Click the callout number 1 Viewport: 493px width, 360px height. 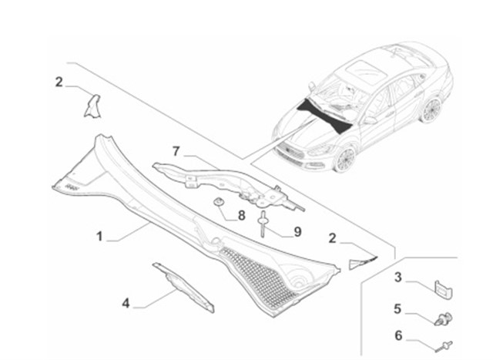pos(99,236)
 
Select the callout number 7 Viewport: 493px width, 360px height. pos(176,151)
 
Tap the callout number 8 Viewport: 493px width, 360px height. pos(241,216)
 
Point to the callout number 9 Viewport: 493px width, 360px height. pos(297,232)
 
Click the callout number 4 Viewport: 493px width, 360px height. pos(126,304)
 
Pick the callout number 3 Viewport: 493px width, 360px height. pos(398,278)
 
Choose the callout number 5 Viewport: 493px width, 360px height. pos(397,308)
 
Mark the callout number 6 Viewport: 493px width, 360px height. pos(398,335)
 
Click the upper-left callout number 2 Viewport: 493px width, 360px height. pos(59,82)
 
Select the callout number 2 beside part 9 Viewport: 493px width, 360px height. pos(332,238)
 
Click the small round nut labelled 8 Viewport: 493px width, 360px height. pos(218,201)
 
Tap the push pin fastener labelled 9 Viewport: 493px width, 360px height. pos(262,224)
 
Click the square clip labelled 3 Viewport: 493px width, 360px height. pos(444,289)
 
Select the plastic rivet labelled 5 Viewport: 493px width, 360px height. pos(444,318)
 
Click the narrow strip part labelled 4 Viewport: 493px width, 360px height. pos(183,288)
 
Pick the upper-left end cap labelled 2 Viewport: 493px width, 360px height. pos(92,106)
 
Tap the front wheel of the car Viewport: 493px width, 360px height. pos(344,159)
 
